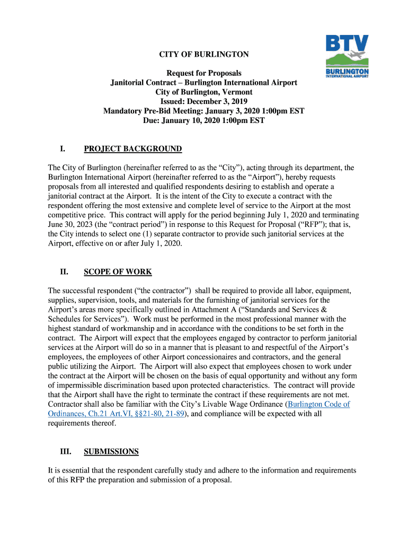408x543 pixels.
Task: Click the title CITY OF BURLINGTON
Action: tap(204, 55)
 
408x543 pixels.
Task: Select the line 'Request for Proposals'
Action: tap(204, 73)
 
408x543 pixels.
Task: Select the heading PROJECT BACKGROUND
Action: tap(132, 149)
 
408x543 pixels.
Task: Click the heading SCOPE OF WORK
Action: tap(118, 272)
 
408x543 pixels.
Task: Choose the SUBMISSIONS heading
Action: tap(111, 452)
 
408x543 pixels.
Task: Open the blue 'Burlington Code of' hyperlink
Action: tap(318, 405)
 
